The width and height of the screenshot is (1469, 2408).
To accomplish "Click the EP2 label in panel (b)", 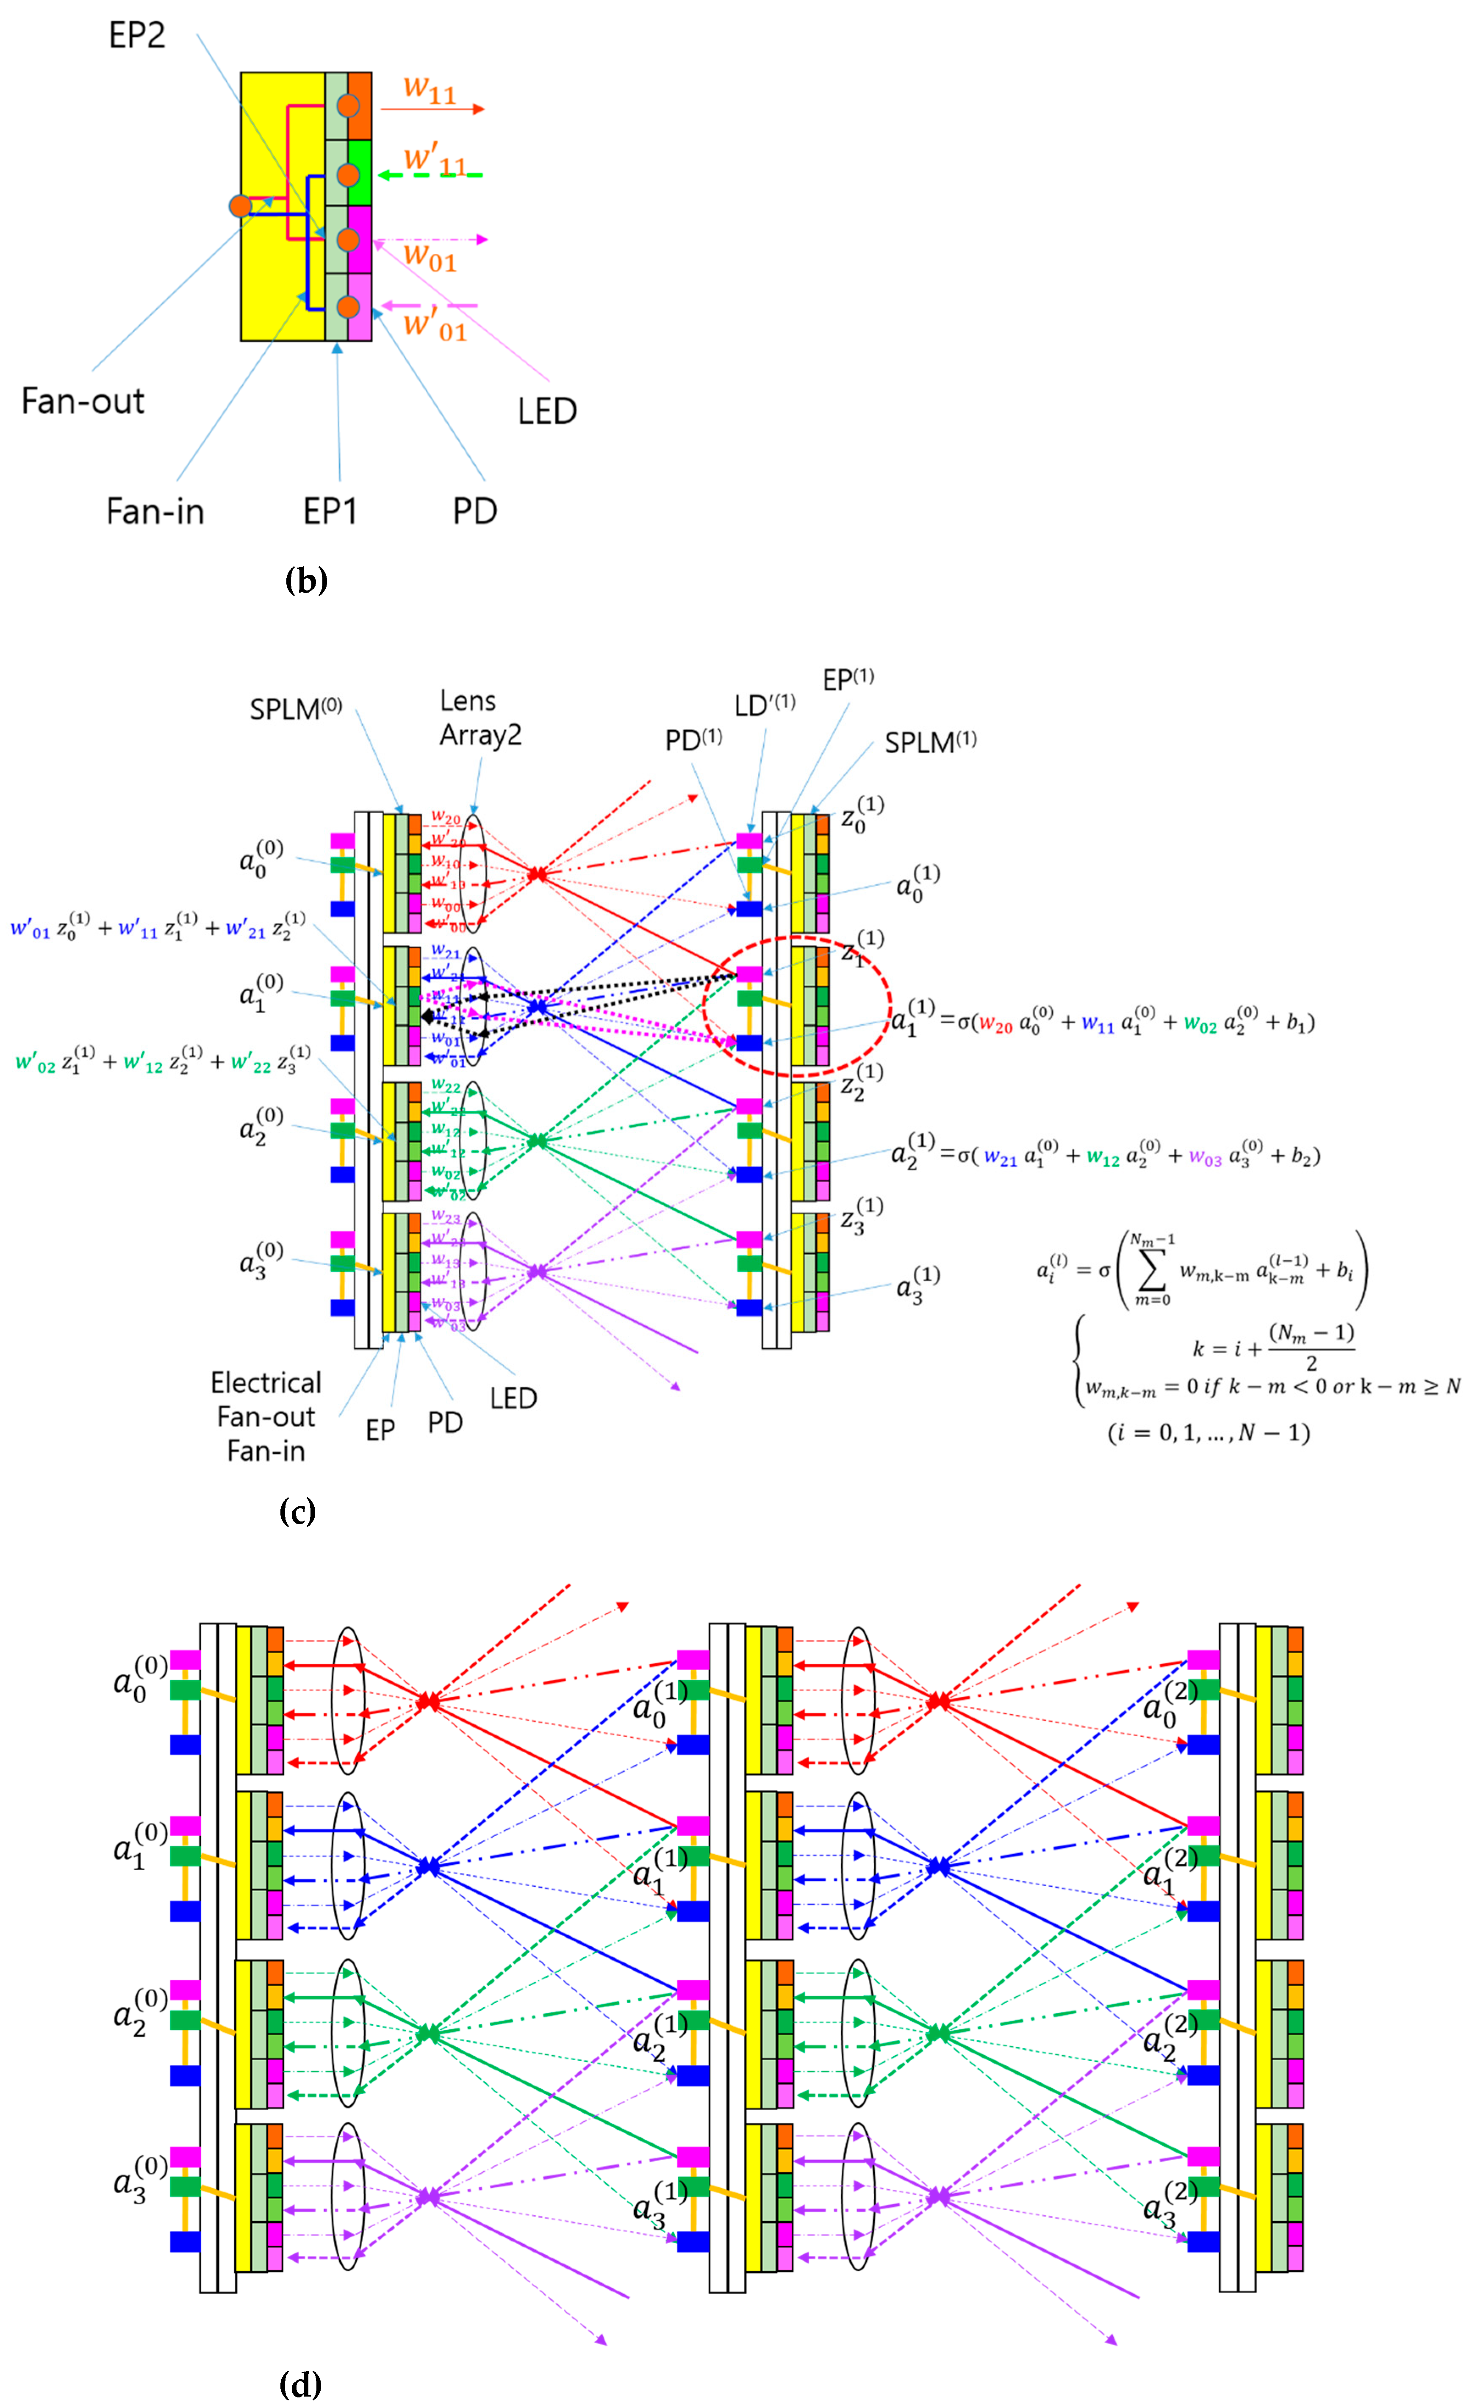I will click(137, 35).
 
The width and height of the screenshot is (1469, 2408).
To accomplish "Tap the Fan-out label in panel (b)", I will click(83, 401).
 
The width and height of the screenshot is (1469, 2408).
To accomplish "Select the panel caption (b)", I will click(305, 580).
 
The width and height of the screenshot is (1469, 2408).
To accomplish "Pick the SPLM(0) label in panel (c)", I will click(295, 709).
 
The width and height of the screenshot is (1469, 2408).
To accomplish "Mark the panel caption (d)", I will click(300, 2385).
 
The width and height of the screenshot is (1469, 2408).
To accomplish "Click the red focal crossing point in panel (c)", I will click(537, 875).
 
